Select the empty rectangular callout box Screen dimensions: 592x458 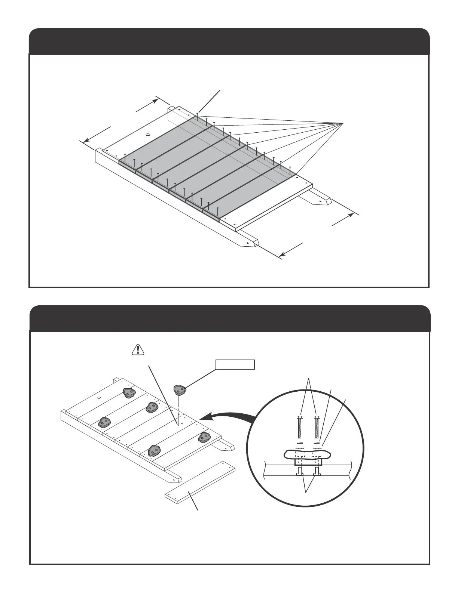coord(235,364)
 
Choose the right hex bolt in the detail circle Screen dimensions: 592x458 coord(317,427)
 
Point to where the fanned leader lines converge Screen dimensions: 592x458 coord(343,123)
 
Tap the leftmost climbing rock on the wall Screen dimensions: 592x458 coord(104,422)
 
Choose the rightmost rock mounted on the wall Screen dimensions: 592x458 coord(205,437)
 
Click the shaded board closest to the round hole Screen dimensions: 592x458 coord(161,144)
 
